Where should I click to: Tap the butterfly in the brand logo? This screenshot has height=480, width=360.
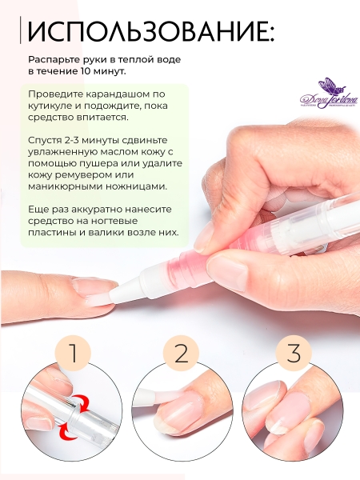(x=326, y=85)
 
